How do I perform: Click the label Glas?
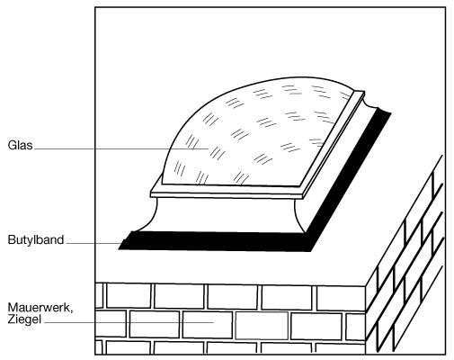[x=20, y=145]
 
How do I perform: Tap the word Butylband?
[x=36, y=240]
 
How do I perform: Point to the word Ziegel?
[x=24, y=319]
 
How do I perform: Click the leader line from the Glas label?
[x=121, y=148]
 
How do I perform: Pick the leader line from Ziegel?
[x=129, y=322]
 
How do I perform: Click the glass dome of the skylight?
[x=254, y=132]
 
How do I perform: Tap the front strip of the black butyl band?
[x=214, y=240]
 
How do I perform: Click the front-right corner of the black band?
[x=310, y=250]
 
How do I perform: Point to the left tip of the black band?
[x=119, y=248]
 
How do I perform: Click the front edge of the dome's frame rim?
[x=227, y=194]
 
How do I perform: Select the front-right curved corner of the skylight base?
[x=298, y=216]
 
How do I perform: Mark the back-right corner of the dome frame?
[x=363, y=93]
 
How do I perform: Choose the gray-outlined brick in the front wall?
[x=262, y=326]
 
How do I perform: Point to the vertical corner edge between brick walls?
[x=366, y=319]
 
